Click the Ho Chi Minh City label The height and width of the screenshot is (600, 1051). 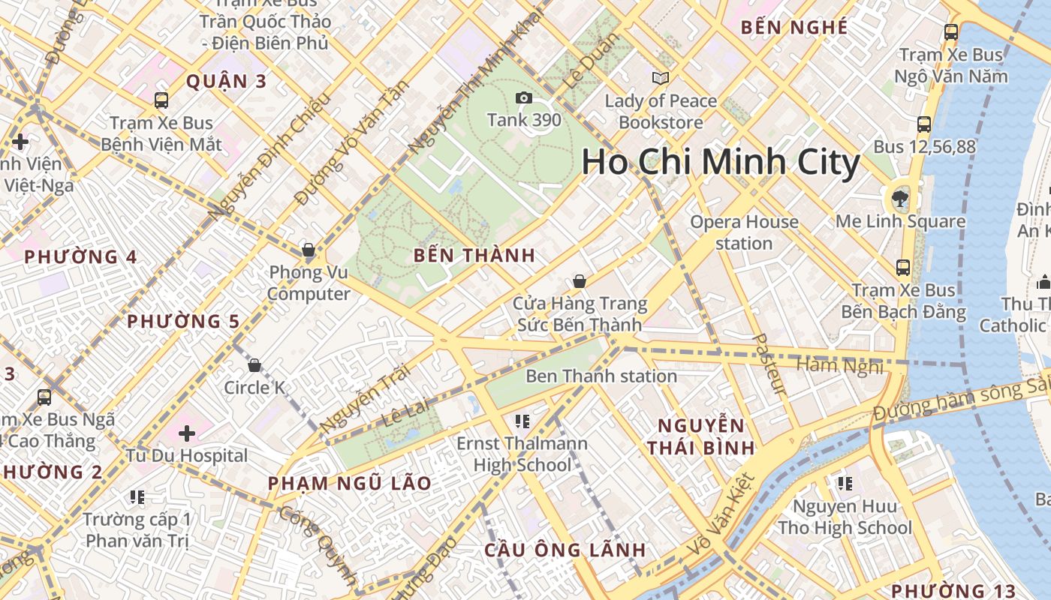pyautogui.click(x=721, y=163)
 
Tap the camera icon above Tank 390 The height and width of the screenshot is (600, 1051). pyautogui.click(x=523, y=97)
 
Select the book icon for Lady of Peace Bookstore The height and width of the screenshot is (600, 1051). pyautogui.click(x=661, y=78)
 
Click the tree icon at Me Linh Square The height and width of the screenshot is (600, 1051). pyautogui.click(x=899, y=199)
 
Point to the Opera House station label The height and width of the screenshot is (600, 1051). pyautogui.click(x=744, y=232)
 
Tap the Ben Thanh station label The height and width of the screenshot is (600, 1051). pyautogui.click(x=601, y=376)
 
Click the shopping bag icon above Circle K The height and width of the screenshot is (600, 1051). pyautogui.click(x=254, y=365)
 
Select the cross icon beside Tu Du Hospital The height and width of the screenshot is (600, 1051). pyautogui.click(x=187, y=433)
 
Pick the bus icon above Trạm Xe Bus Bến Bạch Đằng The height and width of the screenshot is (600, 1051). pyautogui.click(x=903, y=267)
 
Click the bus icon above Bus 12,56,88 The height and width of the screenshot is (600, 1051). pyautogui.click(x=924, y=124)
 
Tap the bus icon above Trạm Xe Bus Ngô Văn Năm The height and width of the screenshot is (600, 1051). pyautogui.click(x=951, y=32)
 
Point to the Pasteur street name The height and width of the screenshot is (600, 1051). pyautogui.click(x=770, y=364)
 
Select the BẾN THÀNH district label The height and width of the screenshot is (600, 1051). pyautogui.click(x=474, y=255)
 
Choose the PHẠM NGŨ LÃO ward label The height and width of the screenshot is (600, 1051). pyautogui.click(x=350, y=483)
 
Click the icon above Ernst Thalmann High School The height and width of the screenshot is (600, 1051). pyautogui.click(x=522, y=421)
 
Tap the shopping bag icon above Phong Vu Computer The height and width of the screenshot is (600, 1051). pyautogui.click(x=308, y=250)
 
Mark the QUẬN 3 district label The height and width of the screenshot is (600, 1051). pyautogui.click(x=226, y=82)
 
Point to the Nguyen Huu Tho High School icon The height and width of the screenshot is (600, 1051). pyautogui.click(x=845, y=484)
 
